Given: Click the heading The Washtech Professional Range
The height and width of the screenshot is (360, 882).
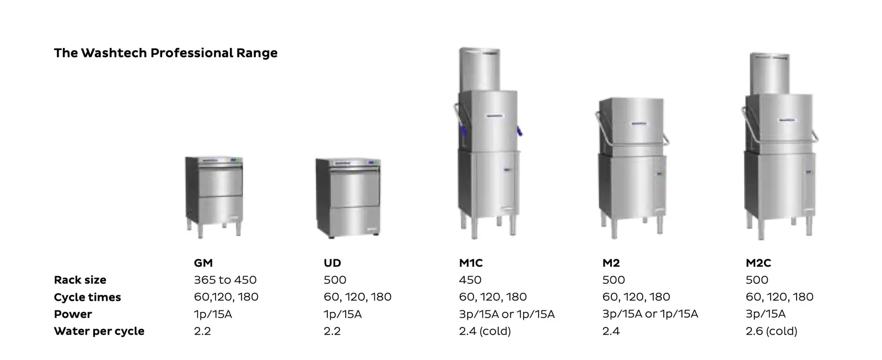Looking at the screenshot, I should (x=165, y=53).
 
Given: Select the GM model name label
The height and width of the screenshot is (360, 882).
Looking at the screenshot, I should (x=203, y=263).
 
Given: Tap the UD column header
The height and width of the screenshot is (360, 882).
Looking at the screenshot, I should (x=332, y=263).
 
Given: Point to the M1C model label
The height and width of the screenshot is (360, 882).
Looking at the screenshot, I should (x=470, y=263).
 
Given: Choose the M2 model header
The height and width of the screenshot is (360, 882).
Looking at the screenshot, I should (x=611, y=263).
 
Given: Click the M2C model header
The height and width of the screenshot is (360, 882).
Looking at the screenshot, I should (x=758, y=263).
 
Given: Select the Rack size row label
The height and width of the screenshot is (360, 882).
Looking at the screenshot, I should (x=80, y=280).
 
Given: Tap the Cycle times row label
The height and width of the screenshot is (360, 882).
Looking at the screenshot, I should (x=87, y=297).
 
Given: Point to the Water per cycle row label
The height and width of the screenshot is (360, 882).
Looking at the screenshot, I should (x=99, y=331).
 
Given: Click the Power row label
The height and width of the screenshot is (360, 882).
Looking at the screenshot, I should (x=73, y=314).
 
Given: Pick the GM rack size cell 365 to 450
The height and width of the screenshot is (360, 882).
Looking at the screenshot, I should (x=225, y=280).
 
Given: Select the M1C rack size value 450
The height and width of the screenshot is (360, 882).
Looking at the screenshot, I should (x=470, y=280).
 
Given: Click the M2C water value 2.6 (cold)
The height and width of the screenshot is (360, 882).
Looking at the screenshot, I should (x=771, y=331).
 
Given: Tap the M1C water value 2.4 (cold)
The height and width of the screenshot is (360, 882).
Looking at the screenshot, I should (x=485, y=331).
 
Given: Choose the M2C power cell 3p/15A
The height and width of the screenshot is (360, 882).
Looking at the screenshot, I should (x=765, y=314).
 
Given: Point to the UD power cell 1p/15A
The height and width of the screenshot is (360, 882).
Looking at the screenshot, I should (x=342, y=314).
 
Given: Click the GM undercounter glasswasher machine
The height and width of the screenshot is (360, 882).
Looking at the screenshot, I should (x=214, y=196).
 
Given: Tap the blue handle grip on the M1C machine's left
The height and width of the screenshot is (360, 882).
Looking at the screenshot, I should (x=462, y=132).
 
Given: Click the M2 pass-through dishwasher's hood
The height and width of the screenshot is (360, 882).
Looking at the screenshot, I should (x=631, y=126).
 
